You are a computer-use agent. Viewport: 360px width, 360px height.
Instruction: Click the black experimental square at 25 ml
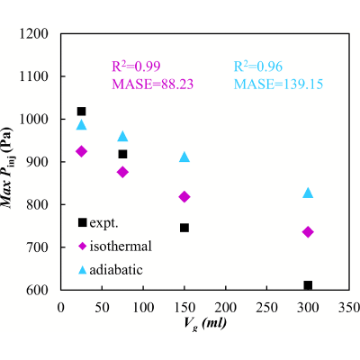pyautogui.click(x=81, y=112)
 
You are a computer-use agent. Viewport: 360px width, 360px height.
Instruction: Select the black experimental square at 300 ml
pyautogui.click(x=308, y=285)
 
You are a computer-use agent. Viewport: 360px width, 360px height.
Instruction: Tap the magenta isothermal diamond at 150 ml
pyautogui.click(x=184, y=197)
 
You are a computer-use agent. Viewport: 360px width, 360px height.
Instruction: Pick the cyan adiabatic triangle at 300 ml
pyautogui.click(x=308, y=193)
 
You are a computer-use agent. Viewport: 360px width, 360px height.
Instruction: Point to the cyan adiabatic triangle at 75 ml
pyautogui.click(x=122, y=136)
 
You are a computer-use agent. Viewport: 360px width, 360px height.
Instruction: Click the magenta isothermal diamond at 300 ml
pyautogui.click(x=308, y=232)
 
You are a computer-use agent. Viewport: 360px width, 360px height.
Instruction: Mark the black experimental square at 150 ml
pyautogui.click(x=184, y=228)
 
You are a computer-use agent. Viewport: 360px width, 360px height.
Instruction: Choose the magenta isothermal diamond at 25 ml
pyautogui.click(x=81, y=151)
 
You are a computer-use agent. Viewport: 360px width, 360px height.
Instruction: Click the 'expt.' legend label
pyautogui.click(x=103, y=223)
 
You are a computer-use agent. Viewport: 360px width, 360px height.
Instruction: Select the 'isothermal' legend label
pyautogui.click(x=121, y=247)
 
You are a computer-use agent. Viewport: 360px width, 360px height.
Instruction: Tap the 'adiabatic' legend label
pyautogui.click(x=116, y=270)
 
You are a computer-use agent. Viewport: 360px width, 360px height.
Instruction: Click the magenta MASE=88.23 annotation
pyautogui.click(x=153, y=85)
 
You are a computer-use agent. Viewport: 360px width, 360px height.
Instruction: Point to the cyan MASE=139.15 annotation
pyautogui.click(x=278, y=85)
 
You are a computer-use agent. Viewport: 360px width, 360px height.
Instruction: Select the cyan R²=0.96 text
pyautogui.click(x=258, y=67)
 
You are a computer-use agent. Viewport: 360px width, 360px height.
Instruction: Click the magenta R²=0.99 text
pyautogui.click(x=136, y=67)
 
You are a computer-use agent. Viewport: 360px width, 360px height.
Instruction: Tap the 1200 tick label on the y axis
pyautogui.click(x=34, y=34)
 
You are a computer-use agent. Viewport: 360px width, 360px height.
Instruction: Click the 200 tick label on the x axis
pyautogui.click(x=225, y=307)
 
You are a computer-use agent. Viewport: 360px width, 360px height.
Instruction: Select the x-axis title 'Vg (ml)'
pyautogui.click(x=205, y=324)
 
